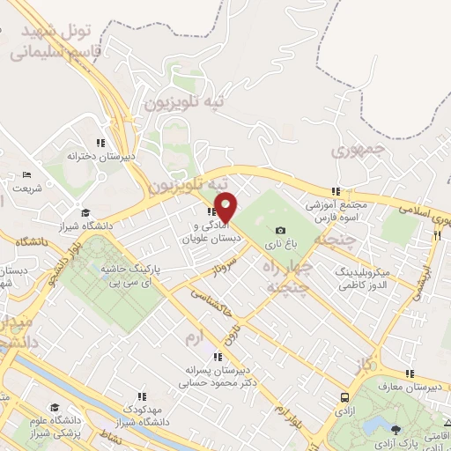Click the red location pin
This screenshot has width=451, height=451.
pyautogui.click(x=226, y=207)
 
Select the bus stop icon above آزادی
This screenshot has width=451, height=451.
pyautogui.click(x=344, y=397)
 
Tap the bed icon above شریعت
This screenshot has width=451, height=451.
pyautogui.click(x=26, y=174)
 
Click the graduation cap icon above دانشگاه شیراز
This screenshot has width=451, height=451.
pyautogui.click(x=86, y=212)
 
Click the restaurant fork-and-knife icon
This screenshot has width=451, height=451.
pyautogui.click(x=436, y=235)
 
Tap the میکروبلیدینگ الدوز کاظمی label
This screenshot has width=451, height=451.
pyautogui.click(x=368, y=280)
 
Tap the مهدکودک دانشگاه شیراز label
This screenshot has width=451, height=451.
pyautogui.click(x=144, y=417)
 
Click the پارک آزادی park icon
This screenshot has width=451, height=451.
pyautogui.click(x=396, y=431)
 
